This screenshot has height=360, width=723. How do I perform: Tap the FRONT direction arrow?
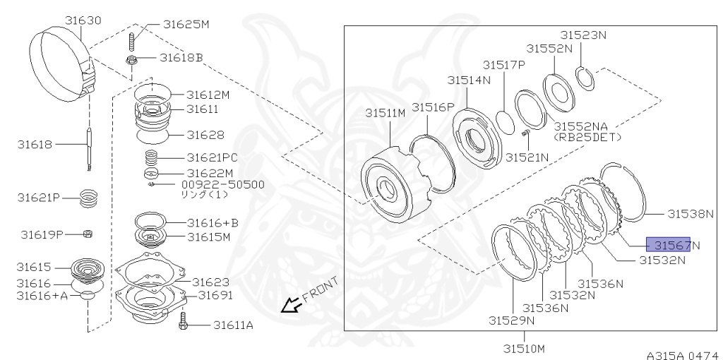[289, 306]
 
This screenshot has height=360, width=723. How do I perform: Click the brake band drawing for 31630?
[63, 60]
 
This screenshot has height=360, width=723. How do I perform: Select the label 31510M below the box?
[523, 347]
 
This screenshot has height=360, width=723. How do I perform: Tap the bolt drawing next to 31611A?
[183, 324]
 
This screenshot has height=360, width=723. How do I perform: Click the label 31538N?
[691, 212]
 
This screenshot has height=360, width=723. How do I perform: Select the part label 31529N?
[511, 320]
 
